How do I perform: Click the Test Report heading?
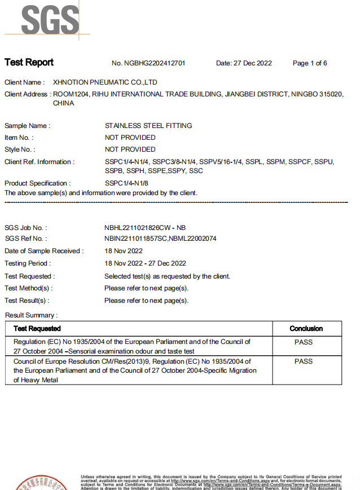click(29, 63)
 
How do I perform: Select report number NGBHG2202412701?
click(148, 63)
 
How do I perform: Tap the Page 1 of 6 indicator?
click(310, 63)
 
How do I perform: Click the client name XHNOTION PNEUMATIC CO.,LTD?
click(104, 82)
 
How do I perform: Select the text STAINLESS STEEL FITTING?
click(148, 126)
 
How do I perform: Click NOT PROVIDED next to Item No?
click(130, 138)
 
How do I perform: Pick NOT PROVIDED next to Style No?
click(130, 149)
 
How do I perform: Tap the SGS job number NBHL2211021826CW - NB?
click(145, 228)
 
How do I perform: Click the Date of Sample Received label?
click(44, 251)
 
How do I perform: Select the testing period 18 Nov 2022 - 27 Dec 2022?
click(145, 263)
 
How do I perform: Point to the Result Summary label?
click(31, 315)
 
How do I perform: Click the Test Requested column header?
click(37, 328)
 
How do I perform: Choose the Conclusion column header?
click(306, 328)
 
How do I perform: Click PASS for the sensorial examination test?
click(304, 342)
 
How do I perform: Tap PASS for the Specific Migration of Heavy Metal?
click(304, 361)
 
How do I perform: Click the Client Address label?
click(27, 94)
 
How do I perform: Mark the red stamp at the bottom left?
click(39, 483)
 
